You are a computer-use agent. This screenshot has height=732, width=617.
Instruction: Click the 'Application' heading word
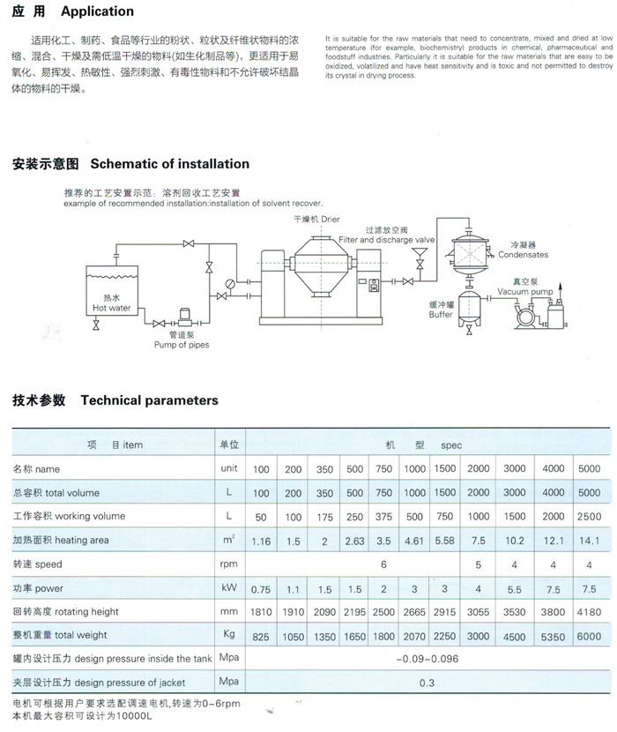97,11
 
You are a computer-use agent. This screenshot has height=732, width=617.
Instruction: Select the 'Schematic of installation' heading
170,164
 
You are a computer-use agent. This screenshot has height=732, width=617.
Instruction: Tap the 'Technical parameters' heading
149,400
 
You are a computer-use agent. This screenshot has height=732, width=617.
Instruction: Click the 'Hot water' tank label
112,308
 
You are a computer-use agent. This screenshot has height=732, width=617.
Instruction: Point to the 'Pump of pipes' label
182,345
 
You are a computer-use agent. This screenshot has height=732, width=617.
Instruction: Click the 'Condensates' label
524,255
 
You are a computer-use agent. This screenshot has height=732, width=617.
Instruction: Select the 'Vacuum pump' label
525,292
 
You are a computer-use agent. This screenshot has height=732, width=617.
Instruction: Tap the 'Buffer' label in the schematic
441,315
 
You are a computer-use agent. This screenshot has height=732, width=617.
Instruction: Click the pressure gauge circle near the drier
230,284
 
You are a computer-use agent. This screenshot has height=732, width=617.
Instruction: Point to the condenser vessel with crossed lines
470,255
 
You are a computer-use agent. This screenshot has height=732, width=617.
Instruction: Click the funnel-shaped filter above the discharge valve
420,253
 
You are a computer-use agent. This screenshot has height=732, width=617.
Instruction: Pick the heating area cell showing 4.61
414,542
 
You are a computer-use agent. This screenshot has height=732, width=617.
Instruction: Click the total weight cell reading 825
260,637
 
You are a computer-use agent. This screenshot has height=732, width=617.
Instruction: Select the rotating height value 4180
589,612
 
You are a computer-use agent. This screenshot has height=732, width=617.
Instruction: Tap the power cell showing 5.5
515,590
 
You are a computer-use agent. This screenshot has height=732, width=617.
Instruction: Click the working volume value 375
383,517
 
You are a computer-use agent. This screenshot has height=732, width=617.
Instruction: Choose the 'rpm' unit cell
228,564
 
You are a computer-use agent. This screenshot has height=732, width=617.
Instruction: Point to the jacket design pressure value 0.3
427,683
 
